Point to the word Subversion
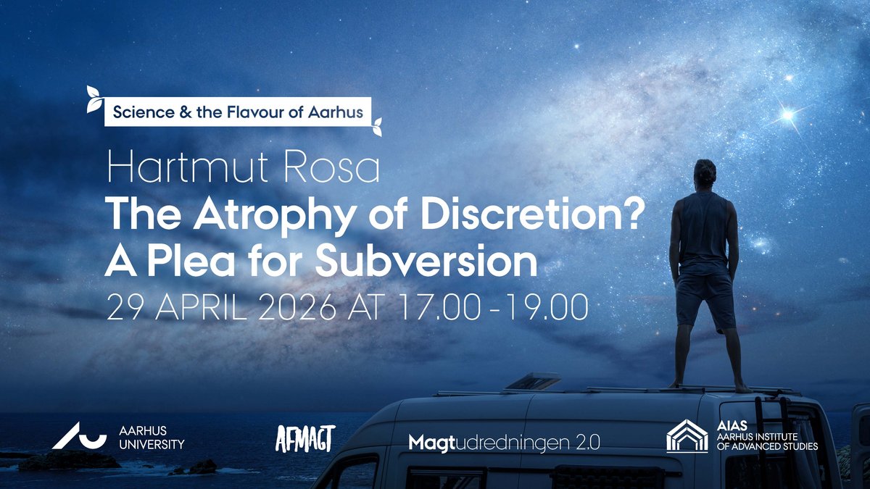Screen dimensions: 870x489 [426, 259]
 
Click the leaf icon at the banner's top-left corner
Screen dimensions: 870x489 [94, 99]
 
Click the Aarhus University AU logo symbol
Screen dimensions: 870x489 [79, 436]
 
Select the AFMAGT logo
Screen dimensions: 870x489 [305, 438]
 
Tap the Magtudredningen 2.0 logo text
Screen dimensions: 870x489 [504, 443]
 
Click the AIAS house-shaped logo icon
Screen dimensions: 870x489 [687, 436]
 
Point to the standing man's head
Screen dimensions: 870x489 [705, 172]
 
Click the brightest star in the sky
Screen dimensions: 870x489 [788, 115]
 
